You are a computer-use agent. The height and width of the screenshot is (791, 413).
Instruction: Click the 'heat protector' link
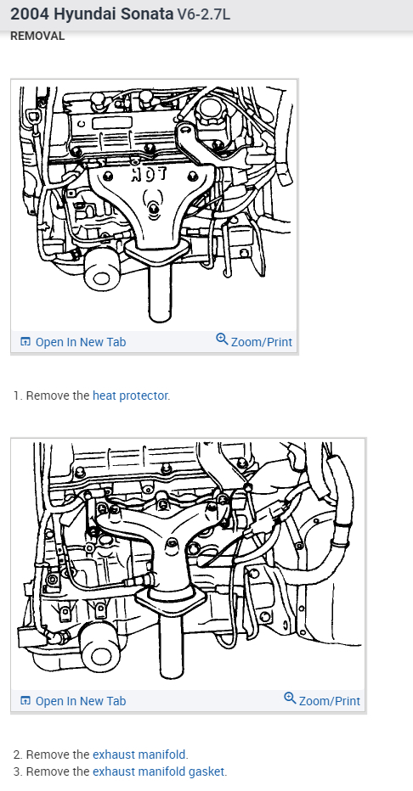[x=130, y=395]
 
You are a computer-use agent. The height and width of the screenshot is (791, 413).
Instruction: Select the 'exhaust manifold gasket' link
[x=159, y=771]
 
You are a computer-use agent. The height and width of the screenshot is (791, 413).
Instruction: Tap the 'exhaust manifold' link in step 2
[x=139, y=755]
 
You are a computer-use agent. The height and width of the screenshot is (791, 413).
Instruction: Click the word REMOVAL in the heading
[x=37, y=36]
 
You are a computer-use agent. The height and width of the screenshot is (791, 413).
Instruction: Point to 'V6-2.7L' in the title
[x=203, y=14]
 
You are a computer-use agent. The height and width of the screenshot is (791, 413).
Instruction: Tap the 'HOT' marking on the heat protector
[x=149, y=175]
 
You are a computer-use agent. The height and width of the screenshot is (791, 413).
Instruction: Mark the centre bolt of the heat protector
[x=154, y=207]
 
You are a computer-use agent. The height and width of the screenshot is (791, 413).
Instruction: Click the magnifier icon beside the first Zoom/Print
[x=222, y=339]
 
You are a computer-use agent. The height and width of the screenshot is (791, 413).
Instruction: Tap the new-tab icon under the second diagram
[x=25, y=701]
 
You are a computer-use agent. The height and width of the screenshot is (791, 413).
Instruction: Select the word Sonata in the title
[x=147, y=14]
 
